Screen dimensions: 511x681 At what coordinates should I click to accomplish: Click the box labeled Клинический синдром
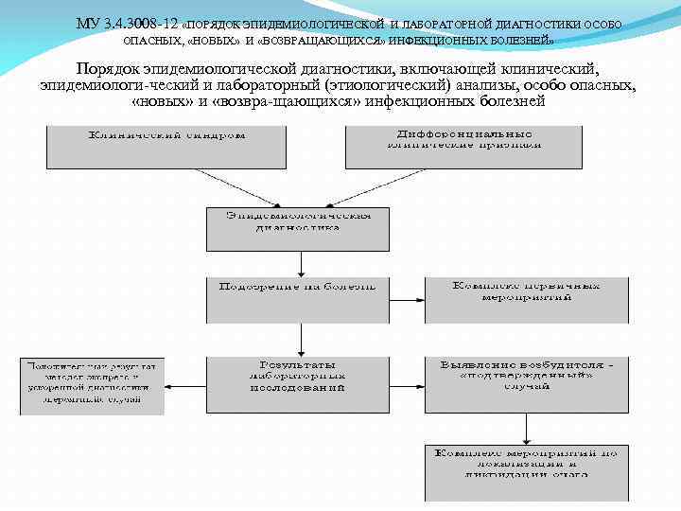166,146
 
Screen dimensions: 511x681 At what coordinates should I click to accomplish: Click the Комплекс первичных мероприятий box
526,299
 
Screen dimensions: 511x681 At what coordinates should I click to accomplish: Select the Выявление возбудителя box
526,384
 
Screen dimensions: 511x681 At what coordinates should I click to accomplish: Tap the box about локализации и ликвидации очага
526,470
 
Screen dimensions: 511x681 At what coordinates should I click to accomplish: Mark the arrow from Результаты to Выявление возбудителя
408,386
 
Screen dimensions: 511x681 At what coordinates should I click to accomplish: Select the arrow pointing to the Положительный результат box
185,386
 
